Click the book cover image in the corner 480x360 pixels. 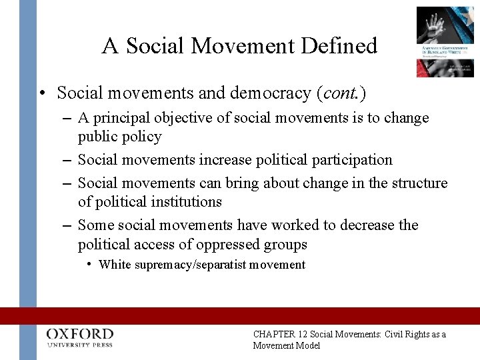[x=445, y=41]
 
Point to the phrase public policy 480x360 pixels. [x=119, y=137]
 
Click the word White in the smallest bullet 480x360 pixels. [x=115, y=265]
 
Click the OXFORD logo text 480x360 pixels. [x=79, y=333]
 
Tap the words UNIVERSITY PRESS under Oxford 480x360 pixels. [x=79, y=345]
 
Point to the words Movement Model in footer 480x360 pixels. [x=287, y=345]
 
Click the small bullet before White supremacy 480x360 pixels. [x=89, y=264]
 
